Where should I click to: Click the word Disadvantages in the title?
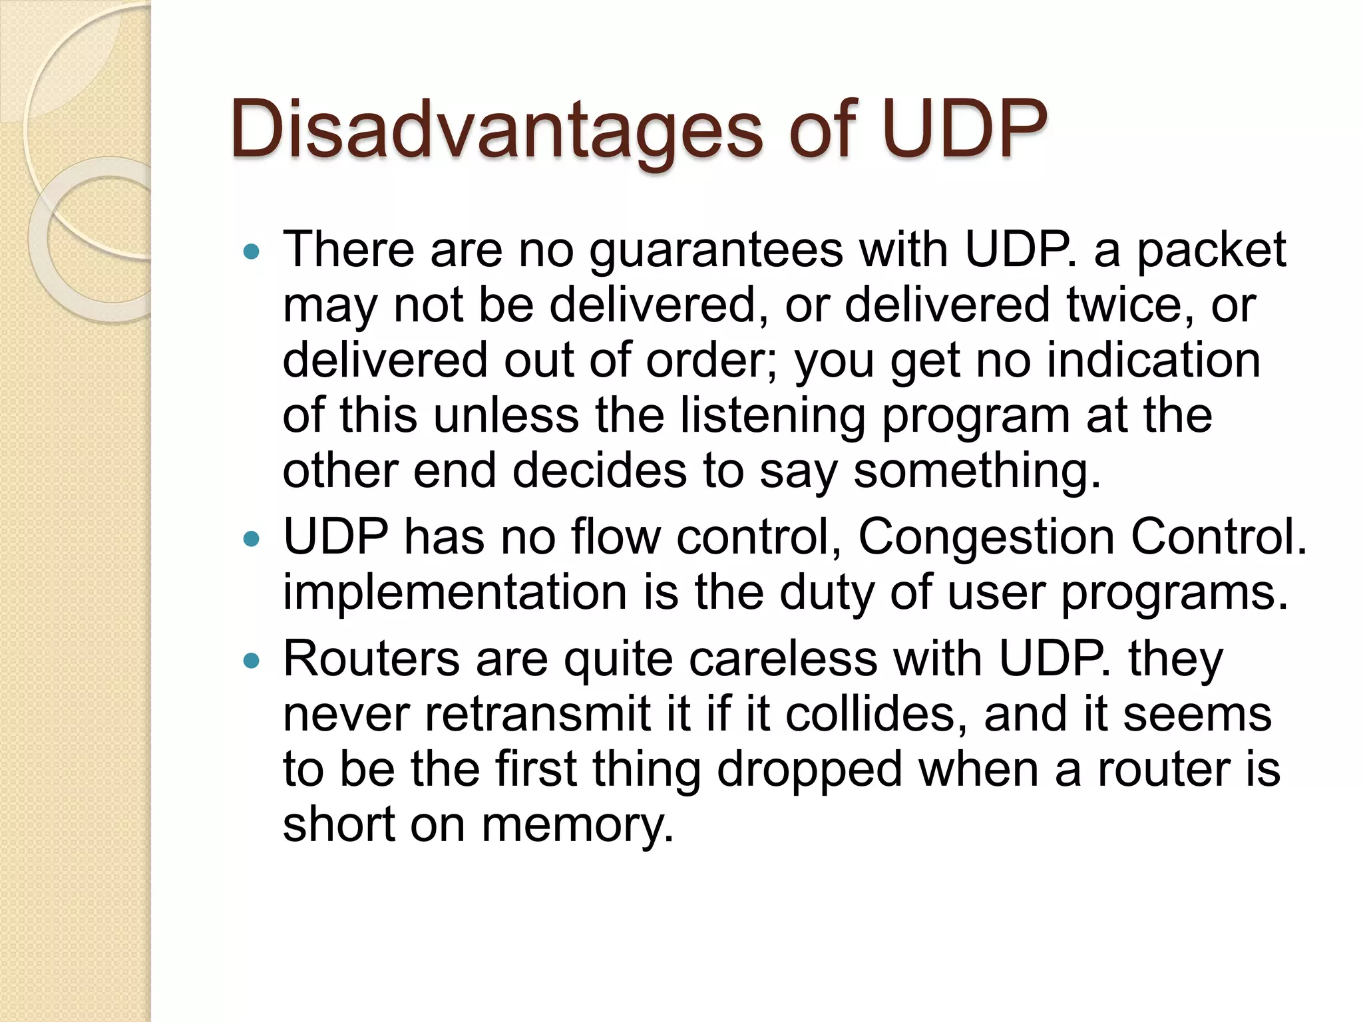pos(496,130)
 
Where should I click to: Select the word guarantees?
pos(716,251)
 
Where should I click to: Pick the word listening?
pos(773,416)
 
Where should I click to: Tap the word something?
pos(977,471)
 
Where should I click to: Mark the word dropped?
pos(809,769)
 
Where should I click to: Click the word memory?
pos(578,825)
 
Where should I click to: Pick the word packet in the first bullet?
pos(1211,251)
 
